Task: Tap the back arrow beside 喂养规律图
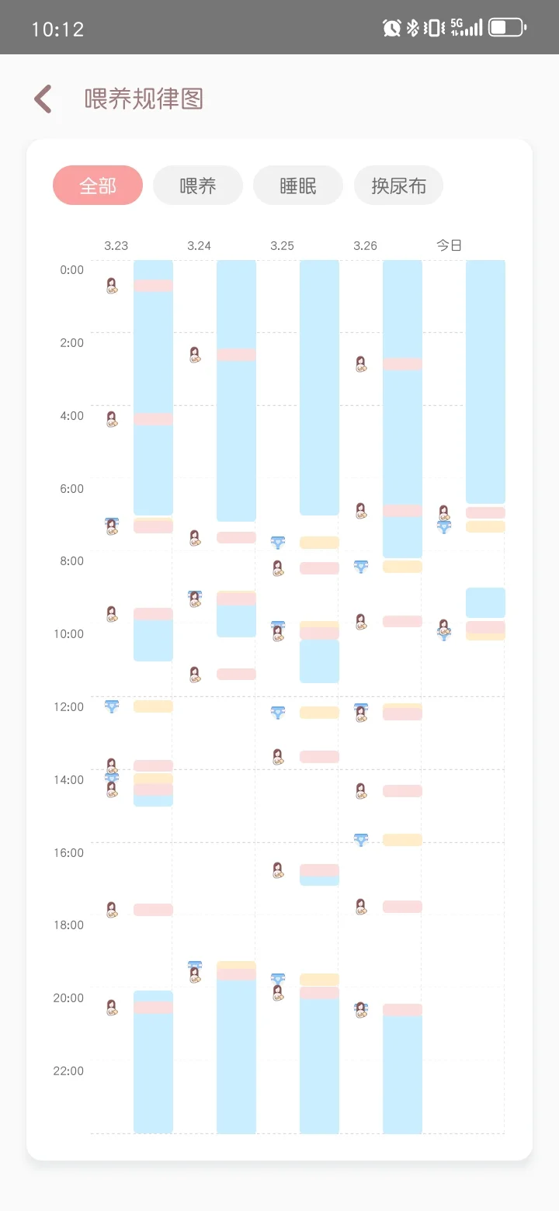pyautogui.click(x=43, y=99)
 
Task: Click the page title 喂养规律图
pyautogui.click(x=144, y=99)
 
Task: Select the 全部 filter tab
pyautogui.click(x=98, y=186)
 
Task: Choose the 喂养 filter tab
pyautogui.click(x=198, y=186)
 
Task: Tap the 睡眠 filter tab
pyautogui.click(x=298, y=186)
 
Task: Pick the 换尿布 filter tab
pyautogui.click(x=398, y=186)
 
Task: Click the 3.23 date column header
pyautogui.click(x=116, y=245)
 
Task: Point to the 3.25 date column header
pyautogui.click(x=282, y=245)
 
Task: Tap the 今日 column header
pyautogui.click(x=449, y=245)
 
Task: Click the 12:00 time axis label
pyautogui.click(x=71, y=706)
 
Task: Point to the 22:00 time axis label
pyautogui.click(x=71, y=1070)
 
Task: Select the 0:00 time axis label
pyautogui.click(x=71, y=269)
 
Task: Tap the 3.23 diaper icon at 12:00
pyautogui.click(x=112, y=706)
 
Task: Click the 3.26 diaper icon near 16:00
pyautogui.click(x=361, y=839)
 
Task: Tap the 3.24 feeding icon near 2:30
pyautogui.click(x=195, y=355)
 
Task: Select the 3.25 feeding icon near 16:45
pyautogui.click(x=278, y=870)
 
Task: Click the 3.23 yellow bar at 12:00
pyautogui.click(x=153, y=706)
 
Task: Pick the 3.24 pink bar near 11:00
pyautogui.click(x=236, y=674)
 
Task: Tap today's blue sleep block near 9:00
pyautogui.click(x=485, y=602)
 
